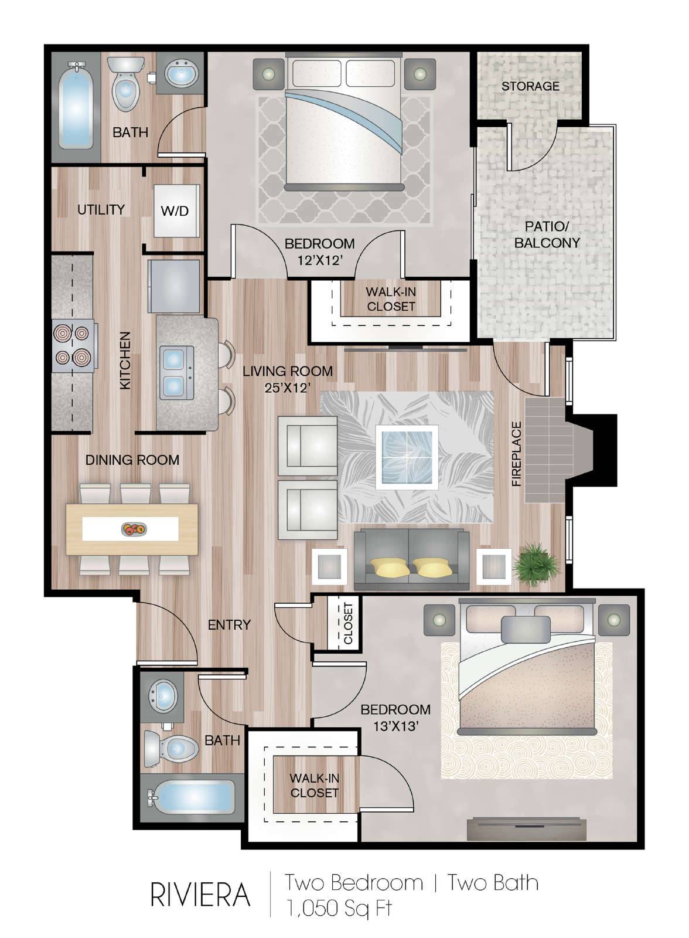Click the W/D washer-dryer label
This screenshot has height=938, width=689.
click(x=175, y=210)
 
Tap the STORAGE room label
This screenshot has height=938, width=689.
click(x=530, y=86)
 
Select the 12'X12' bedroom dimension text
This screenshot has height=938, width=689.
click(x=320, y=260)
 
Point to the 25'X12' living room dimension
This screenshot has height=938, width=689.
click(x=288, y=388)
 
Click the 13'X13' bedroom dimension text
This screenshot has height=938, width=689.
click(x=395, y=726)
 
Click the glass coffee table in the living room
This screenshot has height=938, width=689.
click(x=407, y=457)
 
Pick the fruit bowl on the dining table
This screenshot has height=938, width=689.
click(x=134, y=529)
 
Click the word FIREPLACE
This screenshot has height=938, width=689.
click(x=517, y=454)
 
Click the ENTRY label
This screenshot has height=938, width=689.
click(x=230, y=624)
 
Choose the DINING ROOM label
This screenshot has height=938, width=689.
click(x=132, y=460)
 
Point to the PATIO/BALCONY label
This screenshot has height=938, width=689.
click(x=547, y=235)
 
